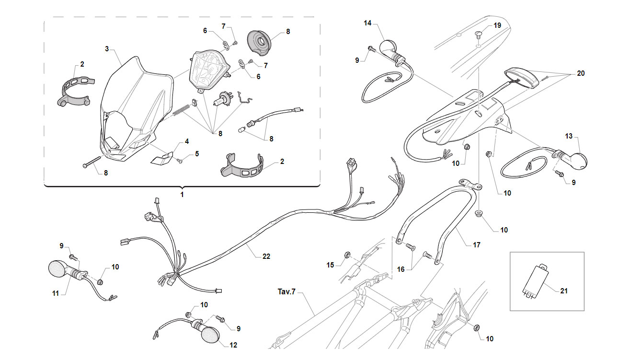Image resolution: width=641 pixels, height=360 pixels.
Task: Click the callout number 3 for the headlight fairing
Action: pos(107,49)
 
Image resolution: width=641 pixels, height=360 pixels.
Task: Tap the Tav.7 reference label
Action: pos(286,291)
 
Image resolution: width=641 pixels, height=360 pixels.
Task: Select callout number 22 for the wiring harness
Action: pos(266,256)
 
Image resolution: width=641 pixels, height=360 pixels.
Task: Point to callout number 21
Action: pos(564,291)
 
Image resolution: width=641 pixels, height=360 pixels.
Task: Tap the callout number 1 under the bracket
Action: pos(182,195)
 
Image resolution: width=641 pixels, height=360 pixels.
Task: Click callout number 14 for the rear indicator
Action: pos(367,23)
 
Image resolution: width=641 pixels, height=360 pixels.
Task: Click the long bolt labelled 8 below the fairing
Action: pos(92,162)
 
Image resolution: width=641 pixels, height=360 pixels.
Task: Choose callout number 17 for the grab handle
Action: pos(477,245)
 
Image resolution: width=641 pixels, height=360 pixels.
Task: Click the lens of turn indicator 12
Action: pos(210,334)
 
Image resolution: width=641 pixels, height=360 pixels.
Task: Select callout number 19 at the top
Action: pos(497,25)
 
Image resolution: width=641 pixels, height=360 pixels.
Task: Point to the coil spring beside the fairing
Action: pos(181,109)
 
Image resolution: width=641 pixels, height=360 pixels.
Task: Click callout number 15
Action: pos(330,265)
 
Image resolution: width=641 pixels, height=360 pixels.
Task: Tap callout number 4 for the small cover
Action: pos(187,141)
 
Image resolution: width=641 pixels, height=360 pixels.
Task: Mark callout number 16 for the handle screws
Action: pos(401,269)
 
